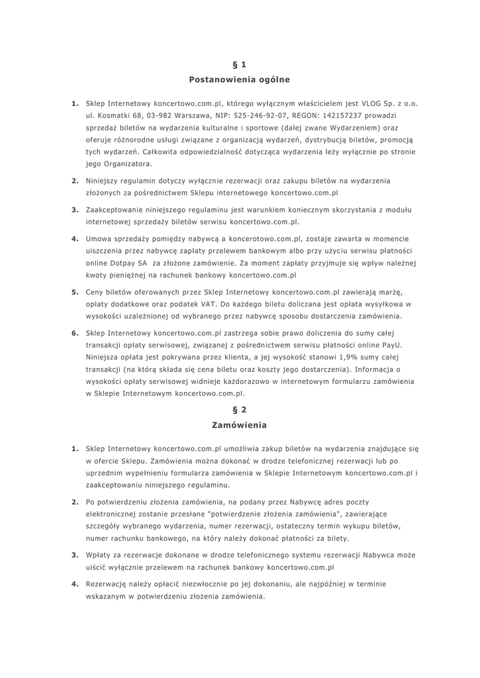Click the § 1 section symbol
click(240, 64)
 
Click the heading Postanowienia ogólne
click(240, 79)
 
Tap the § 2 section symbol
click(240, 409)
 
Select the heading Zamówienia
click(240, 424)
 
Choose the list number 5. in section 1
click(75, 292)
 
